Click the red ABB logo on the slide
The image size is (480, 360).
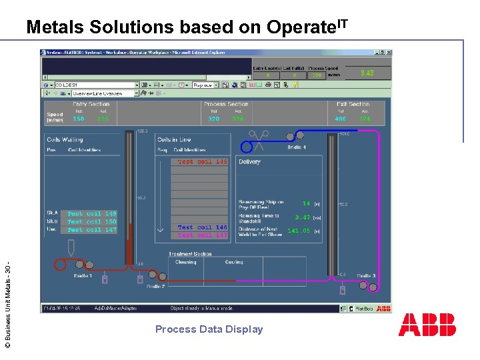(427, 325)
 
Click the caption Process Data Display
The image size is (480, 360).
(209, 329)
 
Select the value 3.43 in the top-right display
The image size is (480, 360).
(367, 73)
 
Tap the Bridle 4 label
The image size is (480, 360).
(297, 147)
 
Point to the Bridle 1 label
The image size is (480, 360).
(83, 275)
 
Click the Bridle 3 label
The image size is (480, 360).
(365, 275)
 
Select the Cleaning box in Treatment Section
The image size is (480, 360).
(185, 263)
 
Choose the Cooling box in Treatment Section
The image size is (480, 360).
(234, 263)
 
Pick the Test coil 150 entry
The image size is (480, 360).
(91, 222)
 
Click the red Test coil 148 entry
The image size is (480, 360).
(202, 161)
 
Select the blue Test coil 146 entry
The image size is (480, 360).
(202, 227)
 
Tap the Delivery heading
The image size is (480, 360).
(250, 162)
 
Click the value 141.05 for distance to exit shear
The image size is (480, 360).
(299, 231)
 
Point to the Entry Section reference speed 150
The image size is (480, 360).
(79, 119)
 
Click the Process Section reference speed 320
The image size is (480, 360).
(213, 119)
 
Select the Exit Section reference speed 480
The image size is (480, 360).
(341, 119)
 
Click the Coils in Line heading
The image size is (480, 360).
(175, 139)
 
